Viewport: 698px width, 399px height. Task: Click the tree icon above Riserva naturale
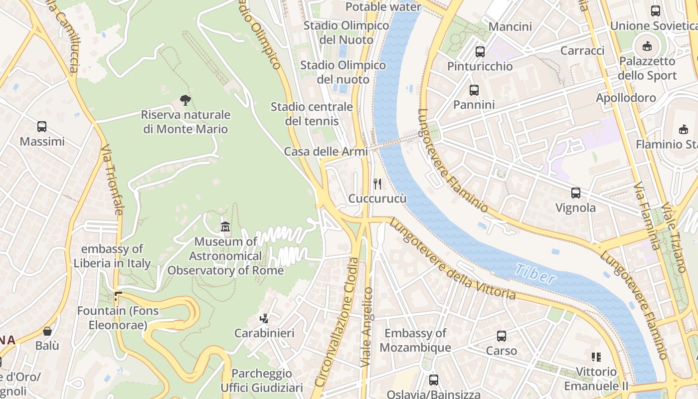[x=185, y=100]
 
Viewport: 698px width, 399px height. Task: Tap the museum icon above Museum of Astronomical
[x=225, y=227]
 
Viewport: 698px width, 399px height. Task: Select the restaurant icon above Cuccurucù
[x=377, y=184]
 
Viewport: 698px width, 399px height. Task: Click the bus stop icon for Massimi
[x=42, y=127]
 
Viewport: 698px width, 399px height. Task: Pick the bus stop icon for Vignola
[x=576, y=193]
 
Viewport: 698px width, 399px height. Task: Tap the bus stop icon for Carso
[x=502, y=336]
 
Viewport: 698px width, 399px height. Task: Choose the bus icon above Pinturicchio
[x=480, y=51]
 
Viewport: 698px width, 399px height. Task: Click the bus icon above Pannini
[x=474, y=90]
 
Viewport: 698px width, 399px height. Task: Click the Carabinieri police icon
[x=264, y=318]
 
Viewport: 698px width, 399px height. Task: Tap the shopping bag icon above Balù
[x=47, y=331]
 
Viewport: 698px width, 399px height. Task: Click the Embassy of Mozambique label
[x=415, y=340]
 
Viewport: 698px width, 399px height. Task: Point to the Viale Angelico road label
[x=367, y=327]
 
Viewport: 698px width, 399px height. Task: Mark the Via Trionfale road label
[x=112, y=180]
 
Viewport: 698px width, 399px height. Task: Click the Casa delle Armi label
[x=326, y=152]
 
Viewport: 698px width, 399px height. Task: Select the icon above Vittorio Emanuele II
[x=596, y=357]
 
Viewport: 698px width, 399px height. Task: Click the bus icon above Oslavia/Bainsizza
[x=434, y=380]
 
